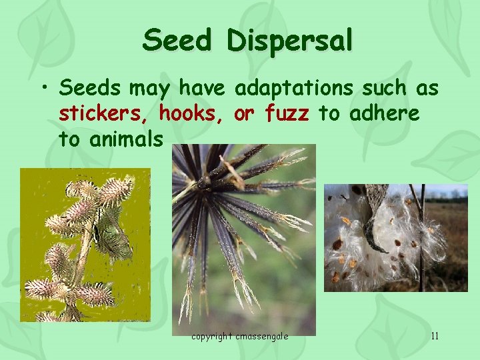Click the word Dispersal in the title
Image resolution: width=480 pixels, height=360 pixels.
pyautogui.click(x=289, y=42)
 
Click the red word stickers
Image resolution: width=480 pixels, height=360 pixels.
pyautogui.click(x=105, y=114)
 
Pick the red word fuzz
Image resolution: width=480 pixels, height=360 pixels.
pyautogui.click(x=287, y=114)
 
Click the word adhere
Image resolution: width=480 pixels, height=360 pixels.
pyautogui.click(x=386, y=114)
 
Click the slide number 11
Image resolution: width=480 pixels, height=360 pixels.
pyautogui.click(x=435, y=336)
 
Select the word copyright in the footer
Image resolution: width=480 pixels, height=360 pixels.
pyautogui.click(x=213, y=336)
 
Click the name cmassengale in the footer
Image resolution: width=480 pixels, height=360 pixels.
pyautogui.click(x=262, y=336)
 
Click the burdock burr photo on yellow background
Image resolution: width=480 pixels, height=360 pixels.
pyautogui.click(x=85, y=245)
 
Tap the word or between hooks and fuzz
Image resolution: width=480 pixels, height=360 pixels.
pyautogui.click(x=244, y=115)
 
